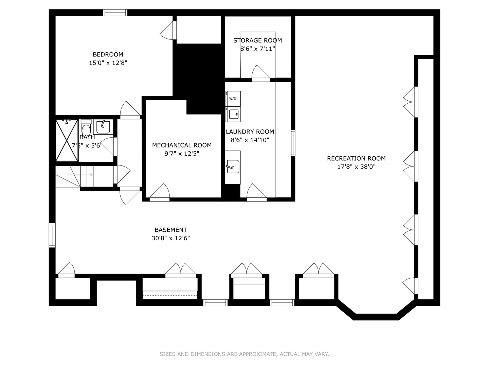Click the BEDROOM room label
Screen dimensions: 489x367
[108, 55]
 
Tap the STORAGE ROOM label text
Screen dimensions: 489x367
[257, 40]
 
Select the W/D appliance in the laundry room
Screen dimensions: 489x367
[233, 99]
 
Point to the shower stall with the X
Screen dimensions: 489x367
[67, 140]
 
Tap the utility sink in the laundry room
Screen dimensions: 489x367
[233, 167]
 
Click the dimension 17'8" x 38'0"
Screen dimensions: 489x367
[357, 167]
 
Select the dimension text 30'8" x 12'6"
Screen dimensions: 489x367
[171, 238]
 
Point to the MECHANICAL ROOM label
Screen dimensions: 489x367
[182, 145]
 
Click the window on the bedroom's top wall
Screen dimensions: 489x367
[115, 13]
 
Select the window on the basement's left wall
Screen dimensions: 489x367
[52, 235]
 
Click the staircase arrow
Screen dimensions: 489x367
[80, 175]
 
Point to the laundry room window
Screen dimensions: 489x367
[293, 143]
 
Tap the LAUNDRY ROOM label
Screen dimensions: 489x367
[250, 132]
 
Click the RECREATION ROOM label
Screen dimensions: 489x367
[356, 158]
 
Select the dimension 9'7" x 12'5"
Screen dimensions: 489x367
[182, 154]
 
